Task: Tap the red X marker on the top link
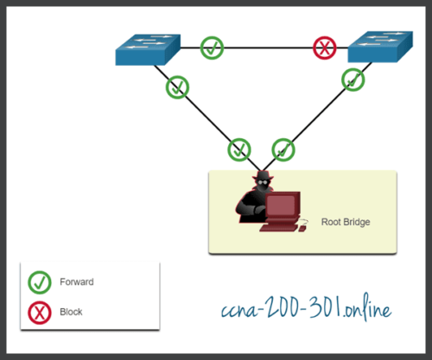(x=326, y=48)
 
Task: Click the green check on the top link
(x=212, y=47)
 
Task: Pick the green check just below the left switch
(x=177, y=86)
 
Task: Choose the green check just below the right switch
(x=353, y=80)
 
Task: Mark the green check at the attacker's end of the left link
(x=239, y=149)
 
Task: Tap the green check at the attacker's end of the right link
(x=283, y=149)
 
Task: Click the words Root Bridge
(x=345, y=222)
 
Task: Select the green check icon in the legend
(x=39, y=281)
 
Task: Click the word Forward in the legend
(x=77, y=281)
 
